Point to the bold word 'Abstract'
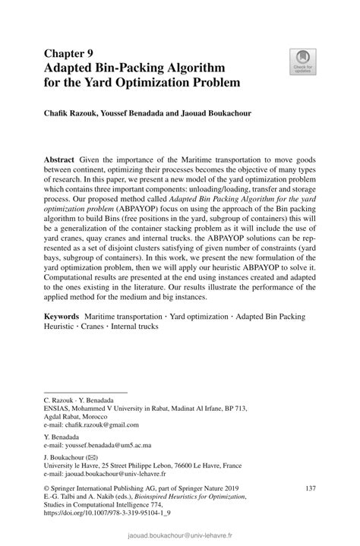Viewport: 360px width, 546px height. point(59,160)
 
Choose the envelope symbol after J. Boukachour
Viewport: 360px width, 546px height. point(100,458)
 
